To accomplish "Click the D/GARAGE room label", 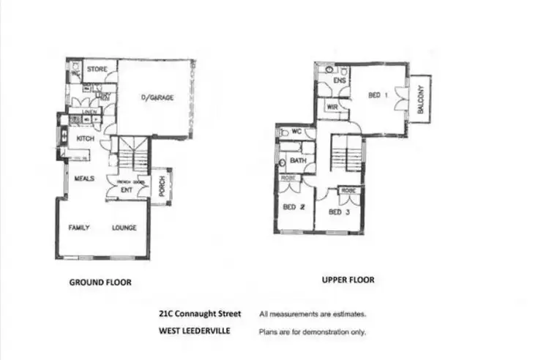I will (x=157, y=97).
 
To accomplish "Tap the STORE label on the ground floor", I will (x=97, y=70).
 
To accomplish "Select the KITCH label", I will (x=86, y=139).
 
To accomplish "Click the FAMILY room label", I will (x=79, y=228).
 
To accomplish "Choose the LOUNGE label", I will (x=124, y=228).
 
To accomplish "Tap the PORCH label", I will (x=161, y=188).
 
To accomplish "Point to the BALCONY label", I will (x=420, y=99).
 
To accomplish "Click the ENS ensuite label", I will (x=339, y=80).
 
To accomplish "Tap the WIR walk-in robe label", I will (x=332, y=107).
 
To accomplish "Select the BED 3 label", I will (x=336, y=212).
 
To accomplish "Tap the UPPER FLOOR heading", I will (x=348, y=280).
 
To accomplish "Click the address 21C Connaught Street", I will (x=199, y=314).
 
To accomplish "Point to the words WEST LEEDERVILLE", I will (x=194, y=331).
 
